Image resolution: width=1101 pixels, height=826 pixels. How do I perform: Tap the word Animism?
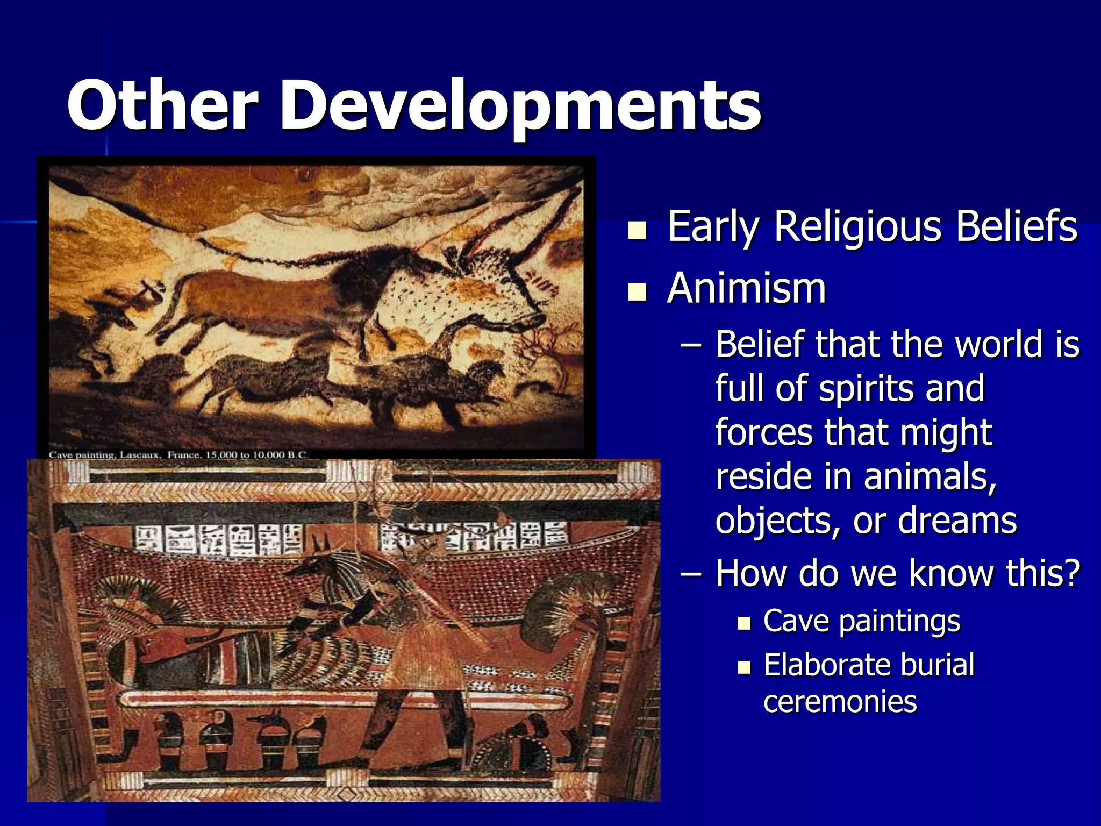click(x=746, y=289)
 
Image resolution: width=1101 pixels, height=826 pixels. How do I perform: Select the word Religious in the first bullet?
click(x=858, y=227)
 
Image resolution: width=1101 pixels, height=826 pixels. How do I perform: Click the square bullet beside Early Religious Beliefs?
click(x=638, y=231)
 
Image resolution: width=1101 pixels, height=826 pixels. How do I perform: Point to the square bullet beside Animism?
click(x=638, y=293)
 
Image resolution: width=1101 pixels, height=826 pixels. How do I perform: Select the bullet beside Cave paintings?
click(x=744, y=624)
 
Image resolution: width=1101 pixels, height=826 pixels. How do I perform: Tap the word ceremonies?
click(x=840, y=702)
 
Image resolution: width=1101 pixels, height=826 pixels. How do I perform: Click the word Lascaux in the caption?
click(x=140, y=455)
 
